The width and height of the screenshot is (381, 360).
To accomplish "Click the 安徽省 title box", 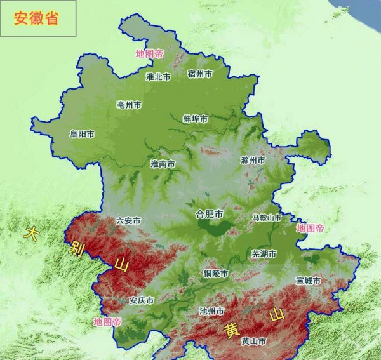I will pos(38,18).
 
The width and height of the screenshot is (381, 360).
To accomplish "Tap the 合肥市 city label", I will pos(210,214).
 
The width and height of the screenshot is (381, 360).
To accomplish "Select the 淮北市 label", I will pos(158,77).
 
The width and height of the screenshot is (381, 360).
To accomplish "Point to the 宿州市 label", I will pos(200,74).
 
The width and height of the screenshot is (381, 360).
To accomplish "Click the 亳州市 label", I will pos(129,105).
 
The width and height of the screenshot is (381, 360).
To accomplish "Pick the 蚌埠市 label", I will pos(195,119).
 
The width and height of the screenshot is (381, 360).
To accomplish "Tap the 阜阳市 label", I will pos(82,134).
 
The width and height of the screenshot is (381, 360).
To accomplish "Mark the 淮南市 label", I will pos(163,164).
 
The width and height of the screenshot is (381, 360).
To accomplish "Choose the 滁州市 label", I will pos(252,159).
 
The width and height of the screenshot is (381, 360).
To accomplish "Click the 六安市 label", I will pos(128,221).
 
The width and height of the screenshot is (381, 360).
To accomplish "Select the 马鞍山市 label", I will pos(266,218).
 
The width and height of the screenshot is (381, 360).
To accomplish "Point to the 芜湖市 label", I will pos(264,254).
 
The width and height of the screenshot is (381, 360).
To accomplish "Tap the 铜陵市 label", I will pos(216,274).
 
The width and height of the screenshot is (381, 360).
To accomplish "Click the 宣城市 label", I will pos(308,281).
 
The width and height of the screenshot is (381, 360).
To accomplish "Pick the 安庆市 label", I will pos(141,300).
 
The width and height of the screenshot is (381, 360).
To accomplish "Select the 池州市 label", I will pos(211,312).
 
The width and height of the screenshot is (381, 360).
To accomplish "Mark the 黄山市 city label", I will pos(253,342).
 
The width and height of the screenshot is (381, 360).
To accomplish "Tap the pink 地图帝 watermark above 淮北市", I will pos(149,54).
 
